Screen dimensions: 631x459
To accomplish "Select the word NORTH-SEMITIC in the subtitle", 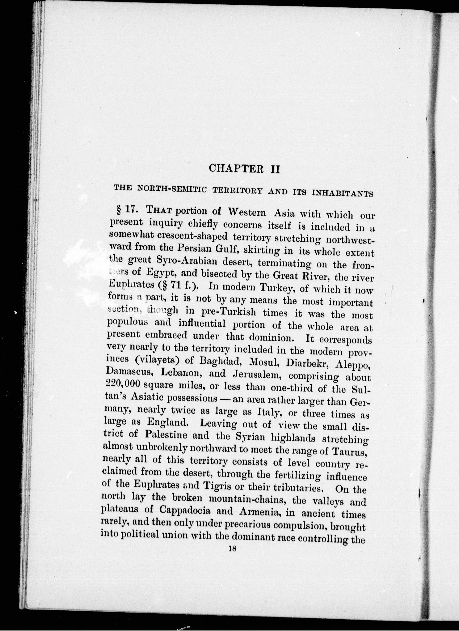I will pos(172,189).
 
